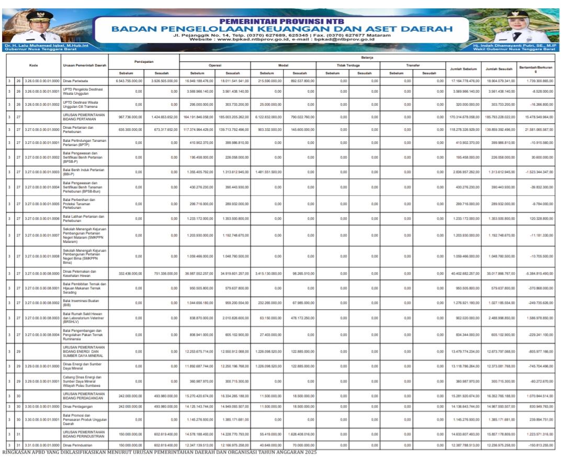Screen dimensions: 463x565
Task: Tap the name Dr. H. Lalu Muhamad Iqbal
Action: click(29, 46)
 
